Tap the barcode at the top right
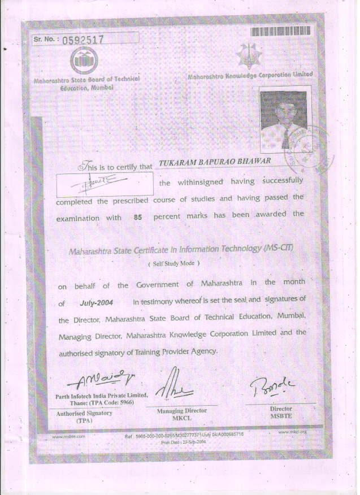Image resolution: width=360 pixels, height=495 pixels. click(280, 31)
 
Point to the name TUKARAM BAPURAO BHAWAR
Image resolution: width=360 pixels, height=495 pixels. click(216, 163)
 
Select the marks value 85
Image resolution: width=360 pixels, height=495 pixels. click(138, 218)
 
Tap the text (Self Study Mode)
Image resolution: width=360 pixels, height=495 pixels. click(174, 264)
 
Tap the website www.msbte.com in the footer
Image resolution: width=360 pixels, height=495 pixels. click(68, 437)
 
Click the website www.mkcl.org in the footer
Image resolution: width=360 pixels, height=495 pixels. click(292, 432)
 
